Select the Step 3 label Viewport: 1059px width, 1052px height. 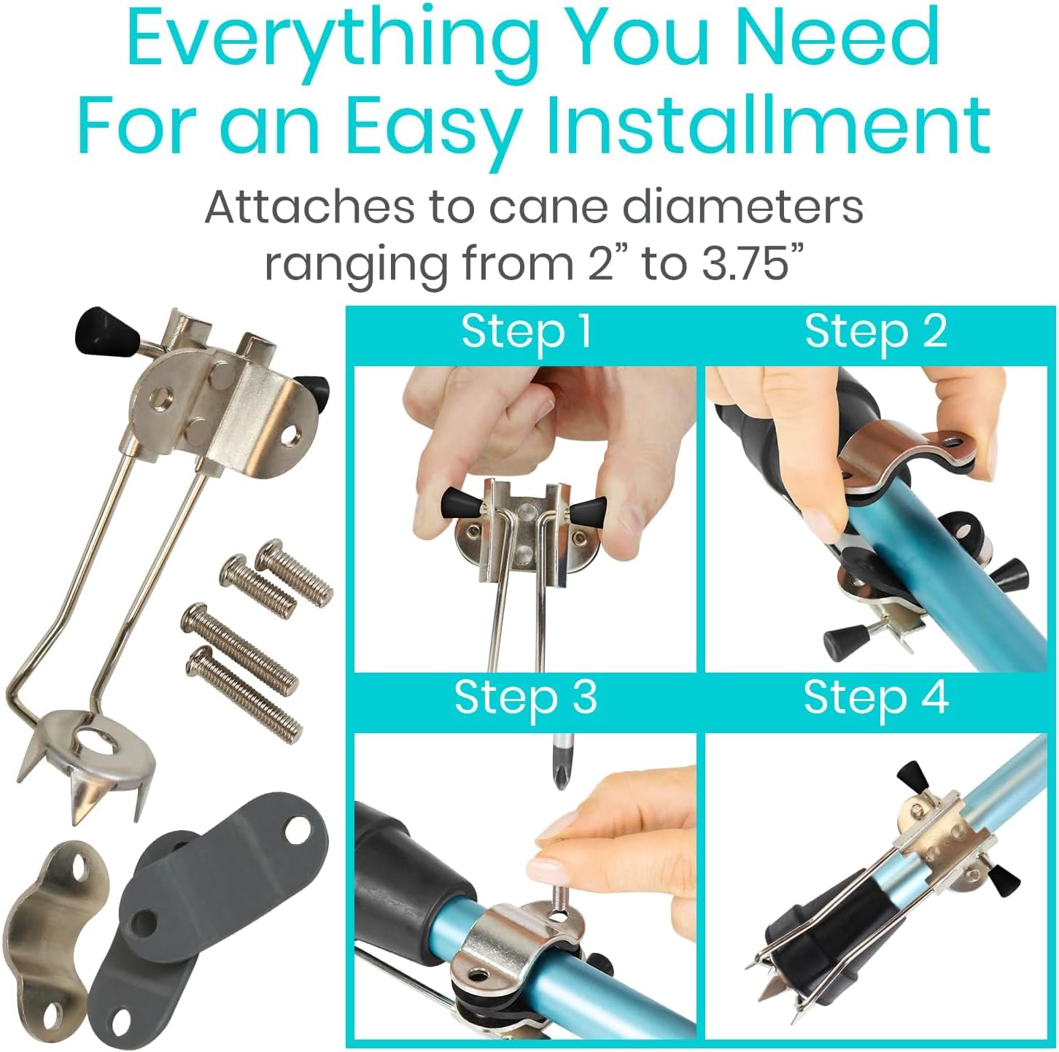525,698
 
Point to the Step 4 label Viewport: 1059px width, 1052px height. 876,698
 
